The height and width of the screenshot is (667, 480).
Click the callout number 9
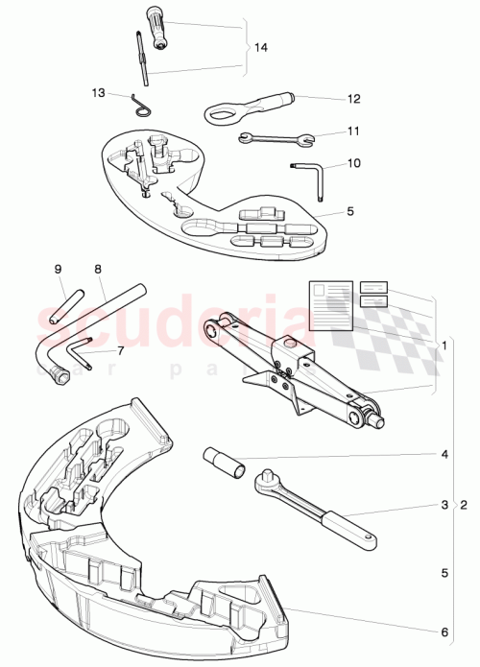tap(57, 269)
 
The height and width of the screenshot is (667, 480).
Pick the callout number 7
tap(120, 351)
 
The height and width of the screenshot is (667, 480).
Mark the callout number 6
tap(444, 631)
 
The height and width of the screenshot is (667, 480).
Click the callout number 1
tap(444, 344)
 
